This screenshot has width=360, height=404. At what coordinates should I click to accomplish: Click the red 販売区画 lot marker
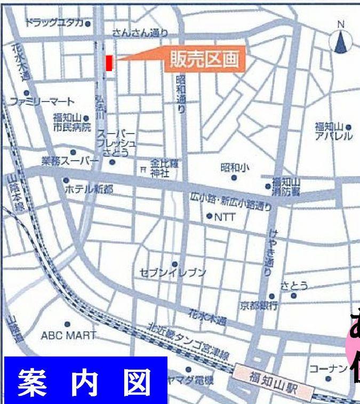point(109,63)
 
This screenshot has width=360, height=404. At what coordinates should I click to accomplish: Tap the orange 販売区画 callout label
point(204,59)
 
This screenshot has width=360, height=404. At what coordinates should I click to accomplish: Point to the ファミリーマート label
point(42,101)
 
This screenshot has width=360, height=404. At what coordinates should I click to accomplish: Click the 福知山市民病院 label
point(71,122)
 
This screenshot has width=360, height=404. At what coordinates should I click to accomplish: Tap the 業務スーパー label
point(70,160)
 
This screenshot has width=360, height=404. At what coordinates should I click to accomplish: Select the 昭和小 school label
point(234,168)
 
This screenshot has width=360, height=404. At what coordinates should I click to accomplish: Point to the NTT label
point(224,217)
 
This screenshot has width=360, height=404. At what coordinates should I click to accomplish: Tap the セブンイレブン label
point(172,273)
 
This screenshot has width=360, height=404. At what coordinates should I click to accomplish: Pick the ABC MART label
point(68,335)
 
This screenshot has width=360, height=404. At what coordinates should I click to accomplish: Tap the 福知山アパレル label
point(333,131)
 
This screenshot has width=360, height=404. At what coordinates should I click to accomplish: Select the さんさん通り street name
point(141,33)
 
